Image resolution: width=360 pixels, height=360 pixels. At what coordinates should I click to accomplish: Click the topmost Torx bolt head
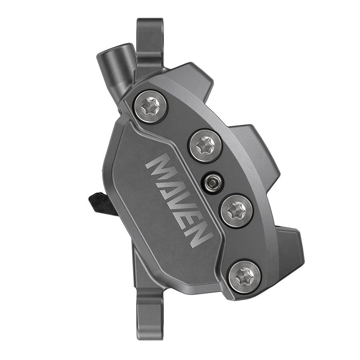150,106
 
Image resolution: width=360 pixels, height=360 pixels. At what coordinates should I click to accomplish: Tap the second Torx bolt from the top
205,146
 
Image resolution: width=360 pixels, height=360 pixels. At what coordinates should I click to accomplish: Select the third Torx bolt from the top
236,210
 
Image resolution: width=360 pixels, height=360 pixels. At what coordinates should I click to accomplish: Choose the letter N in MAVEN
197,235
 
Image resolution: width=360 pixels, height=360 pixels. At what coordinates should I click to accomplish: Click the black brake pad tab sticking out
100,202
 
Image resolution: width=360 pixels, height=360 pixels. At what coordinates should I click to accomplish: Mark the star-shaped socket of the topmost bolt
150,106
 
